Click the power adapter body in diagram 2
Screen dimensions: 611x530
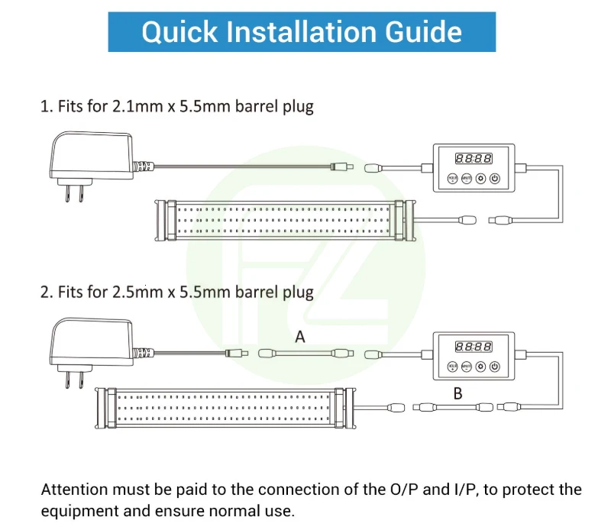[x=86, y=341]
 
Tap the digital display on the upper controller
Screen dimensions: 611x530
[x=474, y=159]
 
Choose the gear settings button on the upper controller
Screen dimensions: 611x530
[x=481, y=179]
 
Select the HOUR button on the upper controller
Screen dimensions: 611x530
[x=452, y=179]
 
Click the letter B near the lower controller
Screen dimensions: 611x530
[x=458, y=394]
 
